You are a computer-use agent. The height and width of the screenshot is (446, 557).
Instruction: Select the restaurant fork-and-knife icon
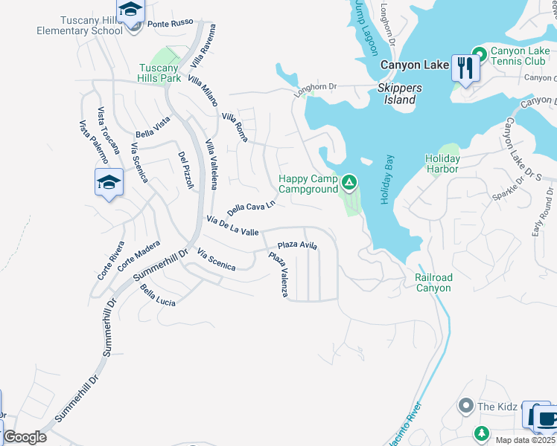pos(465,68)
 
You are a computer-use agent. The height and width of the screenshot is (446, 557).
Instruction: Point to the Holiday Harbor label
pos(442,164)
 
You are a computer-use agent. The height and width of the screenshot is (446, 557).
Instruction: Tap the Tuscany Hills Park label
pos(159,73)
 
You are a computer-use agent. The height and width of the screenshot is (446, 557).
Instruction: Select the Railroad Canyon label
pos(433,282)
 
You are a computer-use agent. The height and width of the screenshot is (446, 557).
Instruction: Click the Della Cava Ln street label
pos(251,207)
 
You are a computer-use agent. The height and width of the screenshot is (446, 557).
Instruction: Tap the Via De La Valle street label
pos(232,226)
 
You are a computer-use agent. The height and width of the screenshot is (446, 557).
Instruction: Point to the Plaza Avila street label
pos(297,245)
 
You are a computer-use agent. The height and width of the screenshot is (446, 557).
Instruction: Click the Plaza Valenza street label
pos(278,275)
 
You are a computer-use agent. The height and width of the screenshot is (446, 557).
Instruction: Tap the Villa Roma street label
pos(235,127)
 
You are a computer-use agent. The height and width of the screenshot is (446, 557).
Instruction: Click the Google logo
pos(25,437)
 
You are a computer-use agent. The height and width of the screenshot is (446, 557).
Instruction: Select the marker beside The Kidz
pos(466,406)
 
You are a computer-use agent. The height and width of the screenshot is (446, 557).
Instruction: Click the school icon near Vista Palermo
pos(108,183)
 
